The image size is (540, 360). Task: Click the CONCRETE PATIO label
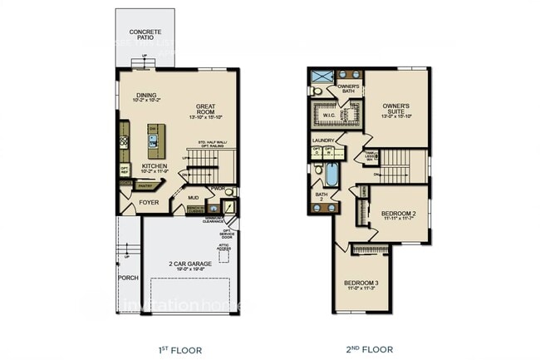pos(145,35)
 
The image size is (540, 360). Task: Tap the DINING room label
pos(146,96)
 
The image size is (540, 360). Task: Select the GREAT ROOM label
pos(205,110)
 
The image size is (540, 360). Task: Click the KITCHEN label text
pos(154,166)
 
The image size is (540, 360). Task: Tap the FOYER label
pos(149,202)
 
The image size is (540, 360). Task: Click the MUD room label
pos(193,198)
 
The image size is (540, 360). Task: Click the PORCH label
pos(128,278)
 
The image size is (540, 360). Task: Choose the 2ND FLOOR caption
pos(369,349)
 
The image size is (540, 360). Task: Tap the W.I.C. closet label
pos(329,116)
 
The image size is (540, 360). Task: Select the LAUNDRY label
pos(323,141)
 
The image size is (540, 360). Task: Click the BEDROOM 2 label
pos(398,214)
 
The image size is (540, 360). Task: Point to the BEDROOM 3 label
pos(361,284)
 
